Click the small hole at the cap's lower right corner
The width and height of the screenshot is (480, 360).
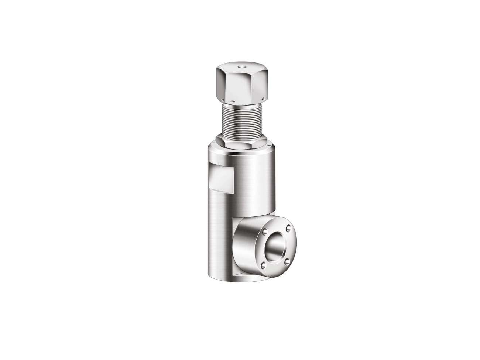coord(261,99)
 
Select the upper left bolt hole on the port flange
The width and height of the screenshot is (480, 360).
coord(265,232)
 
